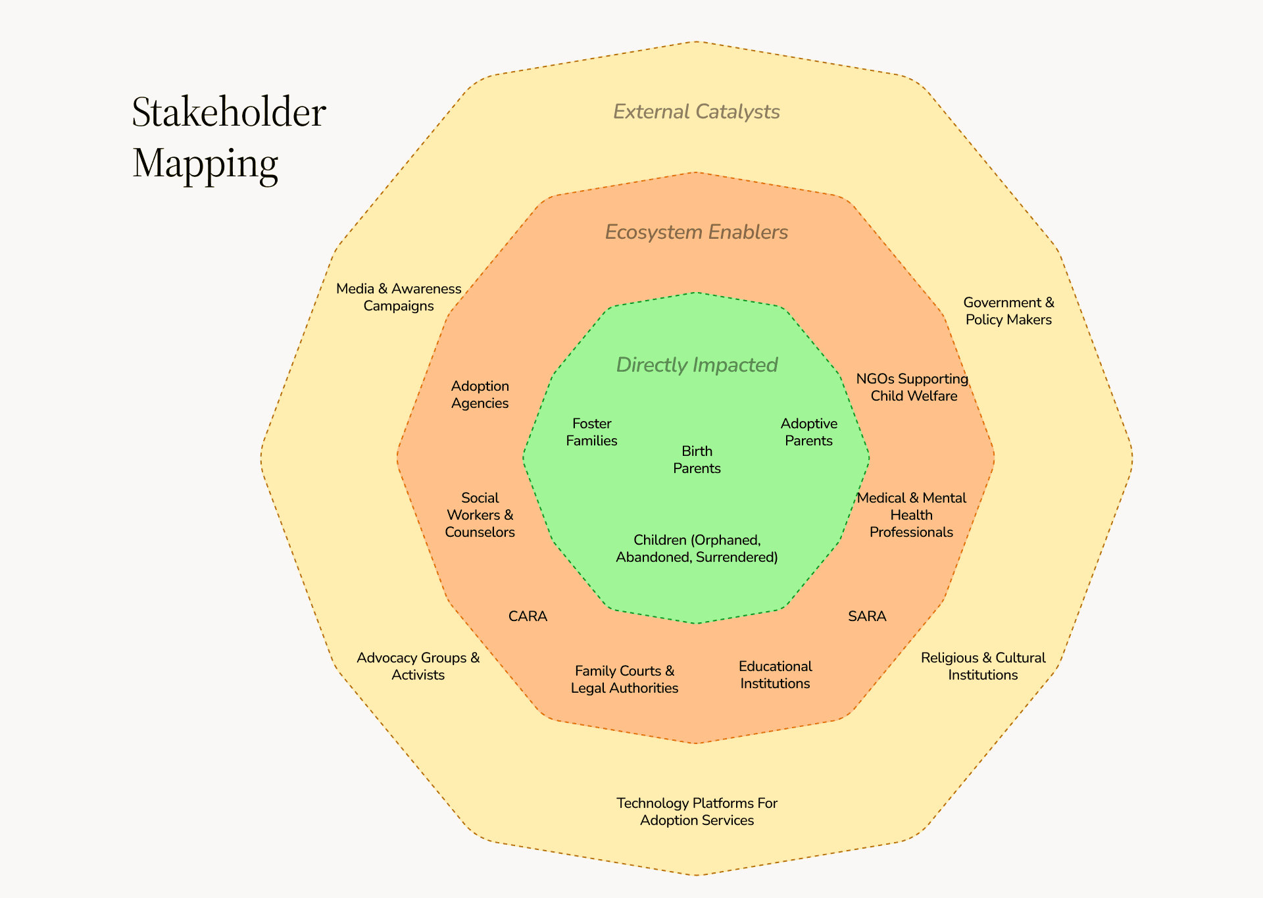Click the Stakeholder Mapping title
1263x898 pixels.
coord(228,137)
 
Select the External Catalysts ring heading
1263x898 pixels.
coord(696,112)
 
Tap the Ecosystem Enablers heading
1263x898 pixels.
coord(696,232)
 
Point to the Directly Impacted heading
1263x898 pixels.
coord(697,365)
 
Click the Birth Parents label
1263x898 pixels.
coord(697,460)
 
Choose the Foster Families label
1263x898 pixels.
coord(591,432)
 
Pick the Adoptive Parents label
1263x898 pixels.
coord(808,432)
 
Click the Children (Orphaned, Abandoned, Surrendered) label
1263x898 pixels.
coord(697,549)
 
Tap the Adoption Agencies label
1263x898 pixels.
coord(480,395)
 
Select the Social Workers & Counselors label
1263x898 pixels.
coord(480,515)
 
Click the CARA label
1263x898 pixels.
coord(528,616)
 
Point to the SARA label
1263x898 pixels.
coord(867,616)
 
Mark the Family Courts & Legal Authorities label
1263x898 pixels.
coord(624,680)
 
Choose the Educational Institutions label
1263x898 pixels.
coord(775,675)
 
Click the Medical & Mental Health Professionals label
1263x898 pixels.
coord(911,515)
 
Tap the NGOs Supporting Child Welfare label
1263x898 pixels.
coord(912,387)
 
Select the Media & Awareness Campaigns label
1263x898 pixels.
coord(399,297)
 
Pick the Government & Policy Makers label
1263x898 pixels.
coord(1008,311)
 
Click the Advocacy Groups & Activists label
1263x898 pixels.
coord(418,666)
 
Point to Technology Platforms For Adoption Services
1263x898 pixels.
coord(697,812)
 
